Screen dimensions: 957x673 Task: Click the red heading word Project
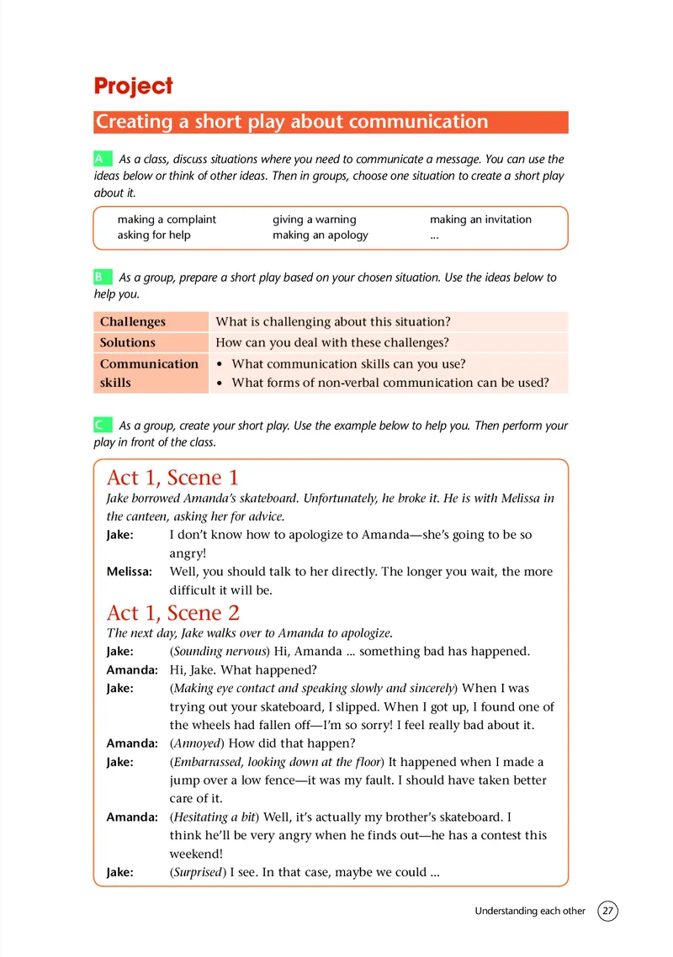(133, 86)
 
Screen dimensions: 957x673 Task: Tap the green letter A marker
(100, 158)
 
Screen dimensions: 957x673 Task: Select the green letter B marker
(100, 276)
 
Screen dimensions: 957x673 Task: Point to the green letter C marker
(100, 426)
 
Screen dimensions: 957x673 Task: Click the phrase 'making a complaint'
(167, 219)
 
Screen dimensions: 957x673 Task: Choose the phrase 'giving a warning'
(314, 219)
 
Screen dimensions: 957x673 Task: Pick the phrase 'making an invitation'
(480, 219)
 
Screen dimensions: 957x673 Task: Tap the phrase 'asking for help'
(154, 235)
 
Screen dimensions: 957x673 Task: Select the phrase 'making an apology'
(320, 235)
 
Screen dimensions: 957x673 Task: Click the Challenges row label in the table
(133, 322)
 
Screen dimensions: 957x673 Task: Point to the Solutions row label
(128, 342)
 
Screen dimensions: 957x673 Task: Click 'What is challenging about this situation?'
(333, 322)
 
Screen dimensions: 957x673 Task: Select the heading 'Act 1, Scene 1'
(172, 478)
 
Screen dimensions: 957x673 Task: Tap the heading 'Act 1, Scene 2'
(172, 612)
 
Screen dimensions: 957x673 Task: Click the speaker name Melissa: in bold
(130, 572)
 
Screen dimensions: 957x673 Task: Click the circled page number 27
(607, 911)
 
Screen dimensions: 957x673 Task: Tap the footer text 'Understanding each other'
(530, 911)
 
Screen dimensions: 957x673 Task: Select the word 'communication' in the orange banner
(417, 122)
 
